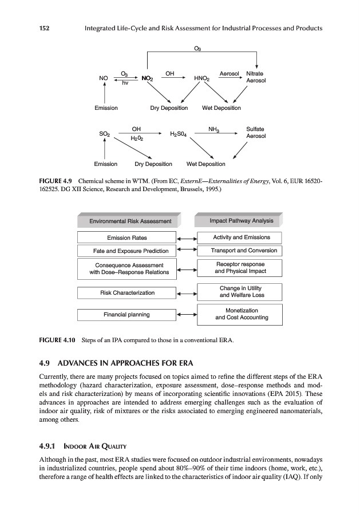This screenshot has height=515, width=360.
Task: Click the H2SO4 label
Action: (179, 134)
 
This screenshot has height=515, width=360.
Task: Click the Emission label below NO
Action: (106, 108)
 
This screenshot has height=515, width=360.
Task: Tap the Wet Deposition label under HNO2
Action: (221, 108)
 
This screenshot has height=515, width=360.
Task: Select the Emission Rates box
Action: (126, 237)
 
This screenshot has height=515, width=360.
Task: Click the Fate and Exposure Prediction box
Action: (126, 251)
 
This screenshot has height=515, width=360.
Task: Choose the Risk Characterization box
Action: (127, 292)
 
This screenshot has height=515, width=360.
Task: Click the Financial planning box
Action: (126, 314)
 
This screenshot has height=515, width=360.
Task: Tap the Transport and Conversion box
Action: (240, 251)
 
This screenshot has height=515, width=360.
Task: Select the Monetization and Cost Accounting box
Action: (240, 314)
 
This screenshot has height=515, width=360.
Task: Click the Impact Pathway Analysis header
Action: (241, 221)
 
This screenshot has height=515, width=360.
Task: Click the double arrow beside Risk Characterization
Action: (187, 293)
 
